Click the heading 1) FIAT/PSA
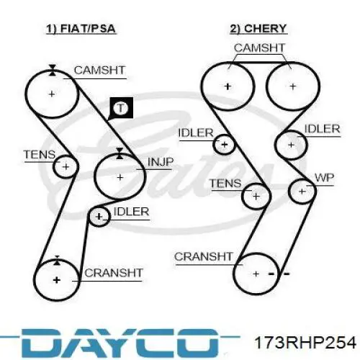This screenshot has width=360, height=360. click(81, 29)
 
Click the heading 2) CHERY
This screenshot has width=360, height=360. click(258, 29)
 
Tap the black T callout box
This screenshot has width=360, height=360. click(121, 108)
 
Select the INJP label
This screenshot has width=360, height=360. click(161, 162)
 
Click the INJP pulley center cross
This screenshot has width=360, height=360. click(120, 177)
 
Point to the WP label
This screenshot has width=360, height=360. click(324, 178)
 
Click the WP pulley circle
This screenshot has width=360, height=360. click(302, 192)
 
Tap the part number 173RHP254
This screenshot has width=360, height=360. click(305, 342)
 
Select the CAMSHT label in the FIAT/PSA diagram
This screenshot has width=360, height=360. click(99, 71)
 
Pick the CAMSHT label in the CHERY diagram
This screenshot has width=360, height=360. click(259, 48)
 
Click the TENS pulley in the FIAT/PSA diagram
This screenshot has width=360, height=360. click(66, 166)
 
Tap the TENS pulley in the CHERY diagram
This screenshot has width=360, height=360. click(256, 196)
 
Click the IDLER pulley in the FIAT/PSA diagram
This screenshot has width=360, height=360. click(99, 217)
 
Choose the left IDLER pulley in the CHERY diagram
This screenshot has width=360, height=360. click(224, 145)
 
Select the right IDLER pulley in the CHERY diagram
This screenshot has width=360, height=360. click(291, 145)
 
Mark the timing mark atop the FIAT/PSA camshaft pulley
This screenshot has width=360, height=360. click(53, 70)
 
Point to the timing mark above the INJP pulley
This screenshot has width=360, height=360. click(120, 153)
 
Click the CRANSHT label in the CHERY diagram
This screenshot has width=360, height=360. click(204, 257)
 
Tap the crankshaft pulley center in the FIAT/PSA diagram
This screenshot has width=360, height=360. click(57, 280)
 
